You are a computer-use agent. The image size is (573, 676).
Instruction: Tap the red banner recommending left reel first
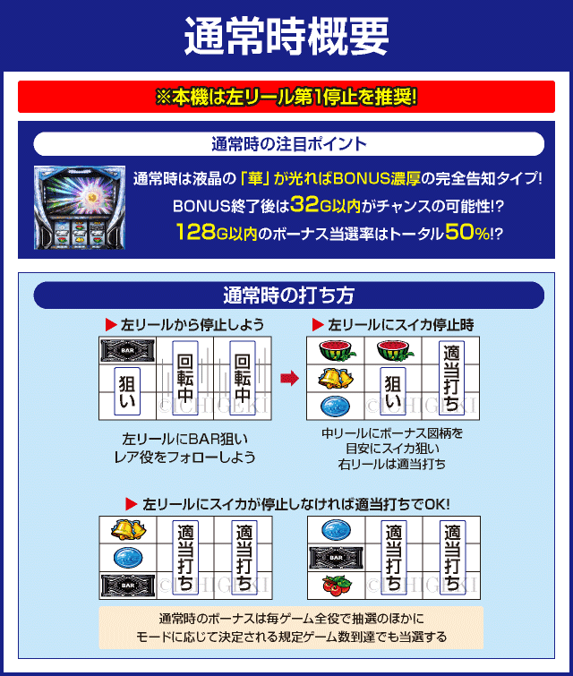[x=286, y=97]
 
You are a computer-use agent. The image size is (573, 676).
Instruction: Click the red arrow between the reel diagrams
[x=289, y=379]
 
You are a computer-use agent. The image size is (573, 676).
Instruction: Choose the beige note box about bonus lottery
[x=291, y=628]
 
